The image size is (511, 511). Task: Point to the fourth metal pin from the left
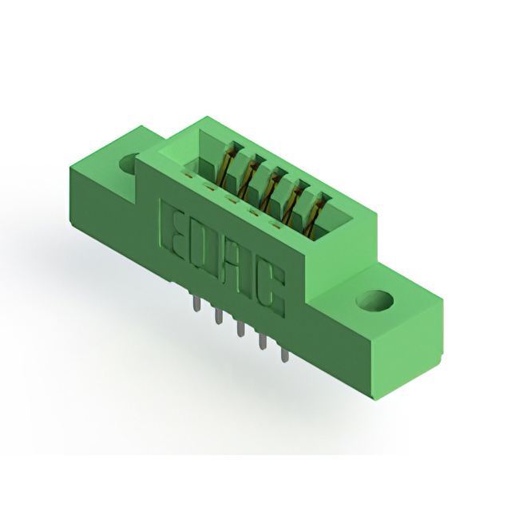[263, 343]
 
